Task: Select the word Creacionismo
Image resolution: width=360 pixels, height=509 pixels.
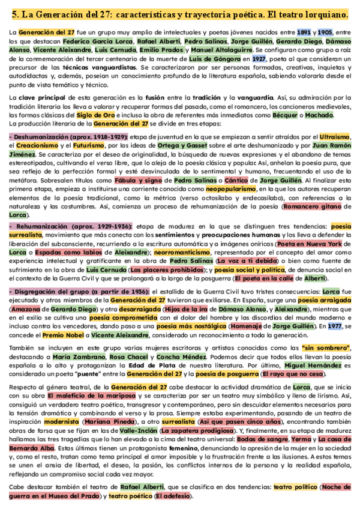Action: pyautogui.click(x=37, y=146)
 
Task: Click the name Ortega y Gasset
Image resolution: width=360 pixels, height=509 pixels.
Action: pyautogui.click(x=209, y=146)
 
